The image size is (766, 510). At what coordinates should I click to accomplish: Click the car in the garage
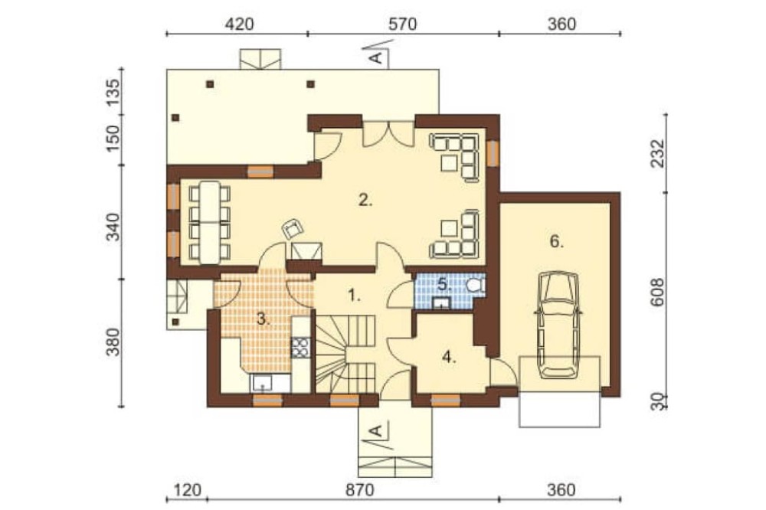coord(558,325)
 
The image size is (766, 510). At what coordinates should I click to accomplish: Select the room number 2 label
coord(365,200)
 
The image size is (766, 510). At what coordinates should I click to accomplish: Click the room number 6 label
coord(557,241)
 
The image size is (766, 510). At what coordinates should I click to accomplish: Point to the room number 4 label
coord(449,358)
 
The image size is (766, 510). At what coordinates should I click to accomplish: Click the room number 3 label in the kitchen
coord(263,319)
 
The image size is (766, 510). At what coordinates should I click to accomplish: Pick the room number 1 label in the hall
coord(354,295)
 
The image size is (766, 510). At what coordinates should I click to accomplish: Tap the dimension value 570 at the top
coord(403,24)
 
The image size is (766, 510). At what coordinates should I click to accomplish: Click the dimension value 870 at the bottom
coord(359,489)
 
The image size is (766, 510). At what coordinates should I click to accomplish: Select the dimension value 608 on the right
coord(658,292)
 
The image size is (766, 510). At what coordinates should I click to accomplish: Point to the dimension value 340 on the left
coord(113,227)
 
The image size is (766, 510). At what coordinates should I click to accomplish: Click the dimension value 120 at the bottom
coord(188,489)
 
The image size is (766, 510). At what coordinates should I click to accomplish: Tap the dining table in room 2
coord(210,223)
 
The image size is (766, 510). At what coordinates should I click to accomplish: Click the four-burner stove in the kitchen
coord(301,348)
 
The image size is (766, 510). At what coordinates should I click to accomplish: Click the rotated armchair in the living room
coord(293,229)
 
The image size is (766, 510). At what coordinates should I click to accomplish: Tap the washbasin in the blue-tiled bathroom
coord(442,302)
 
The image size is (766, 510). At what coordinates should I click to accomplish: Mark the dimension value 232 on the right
coord(658,153)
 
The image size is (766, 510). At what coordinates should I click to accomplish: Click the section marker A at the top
coord(377,57)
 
